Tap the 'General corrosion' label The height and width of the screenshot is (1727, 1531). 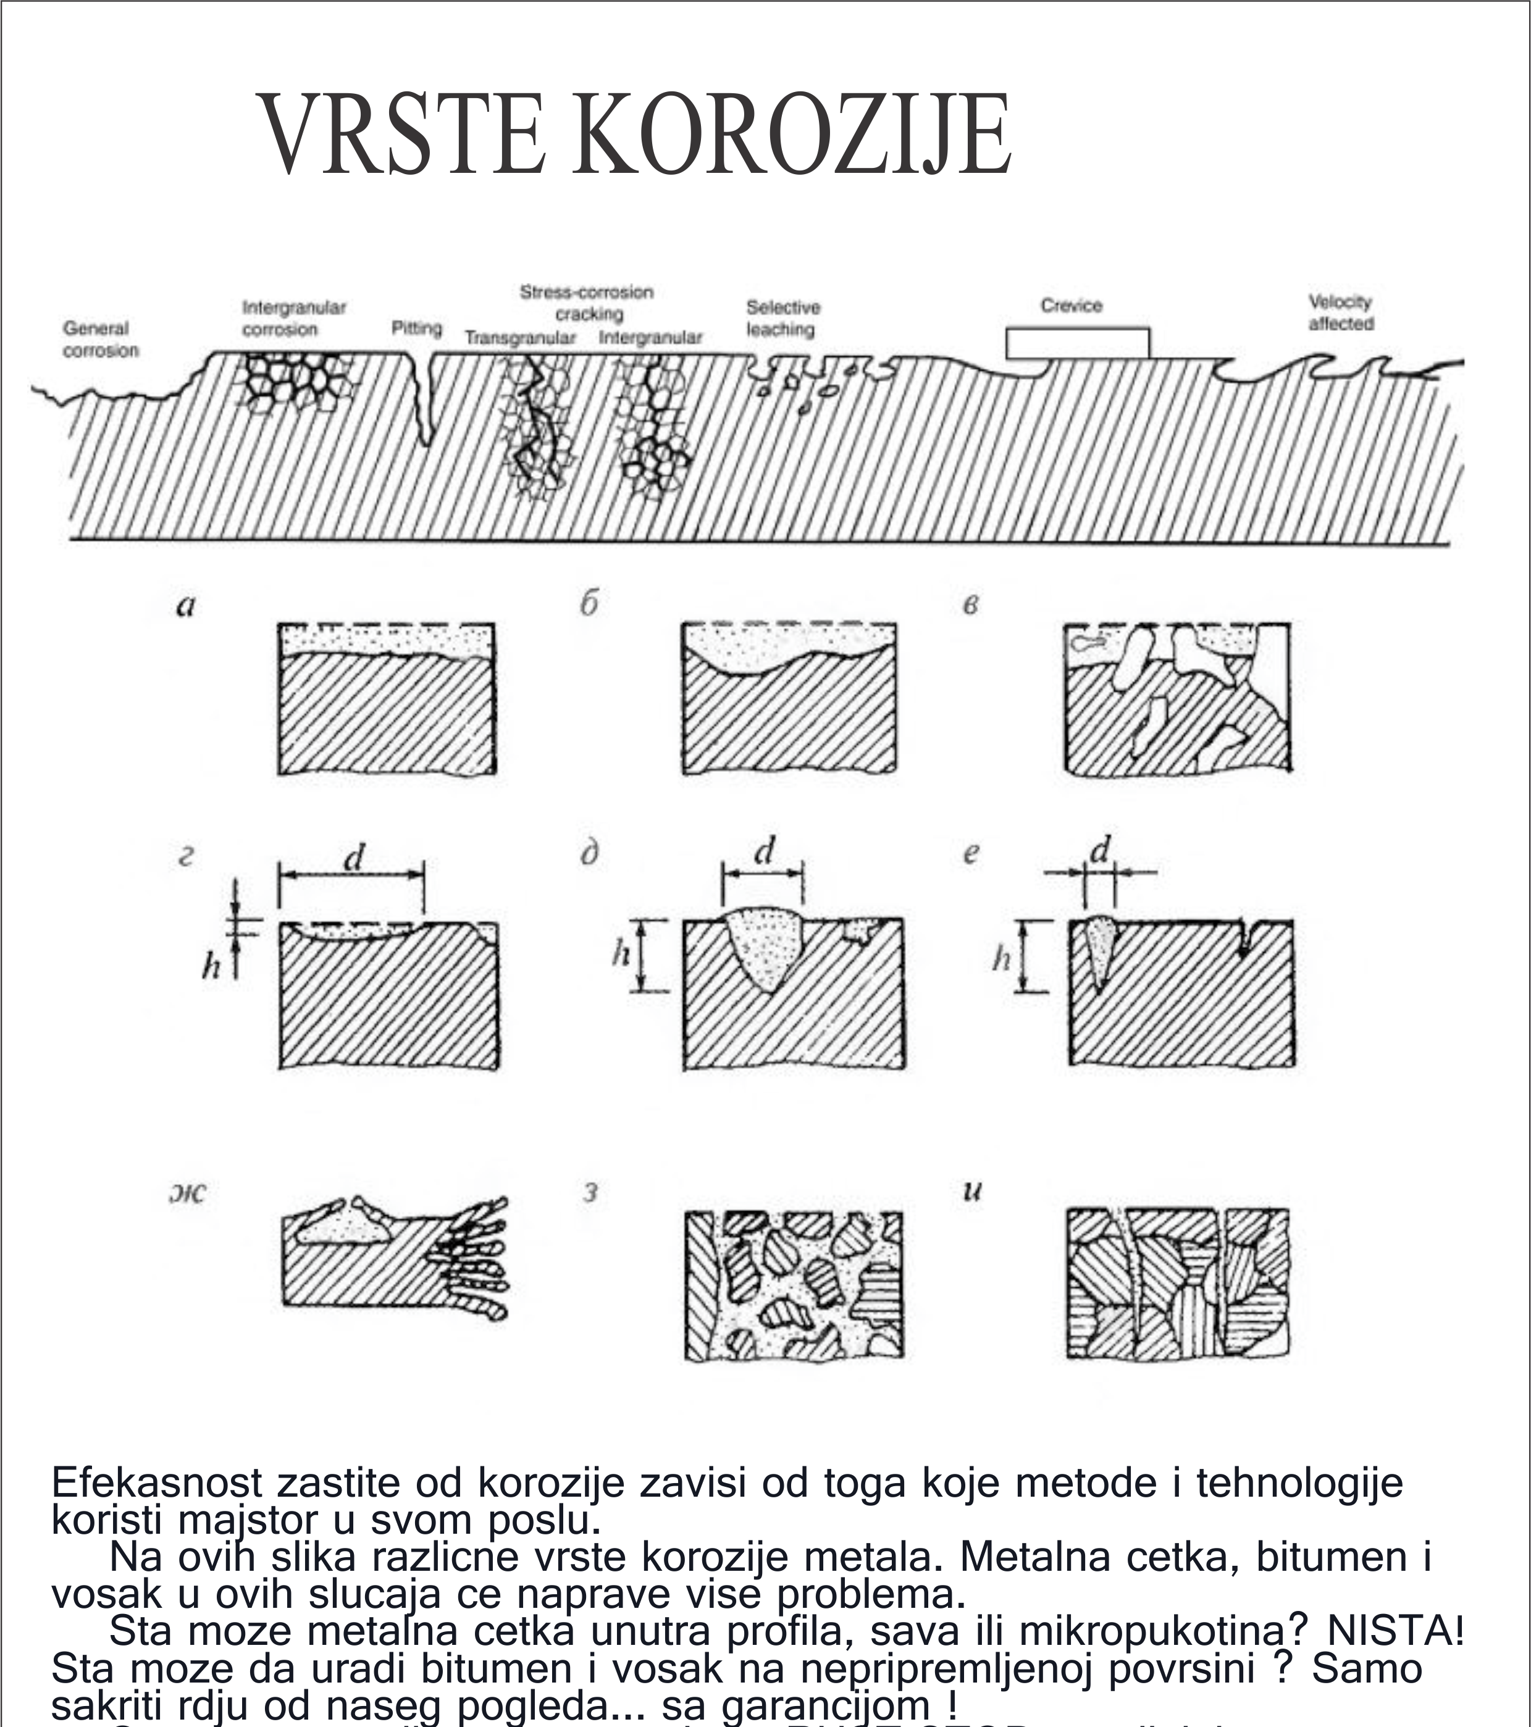coord(99,339)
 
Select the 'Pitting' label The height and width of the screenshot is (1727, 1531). coord(416,328)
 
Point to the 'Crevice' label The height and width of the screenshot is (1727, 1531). coord(1072,305)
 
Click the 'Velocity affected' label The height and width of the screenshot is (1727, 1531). coord(1341,312)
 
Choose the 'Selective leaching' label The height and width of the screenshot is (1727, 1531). coord(782,319)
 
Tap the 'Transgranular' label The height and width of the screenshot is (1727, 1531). coord(519,338)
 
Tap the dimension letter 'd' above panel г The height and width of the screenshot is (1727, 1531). coord(354,858)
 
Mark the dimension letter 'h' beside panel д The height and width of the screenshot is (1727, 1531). coord(621,954)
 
